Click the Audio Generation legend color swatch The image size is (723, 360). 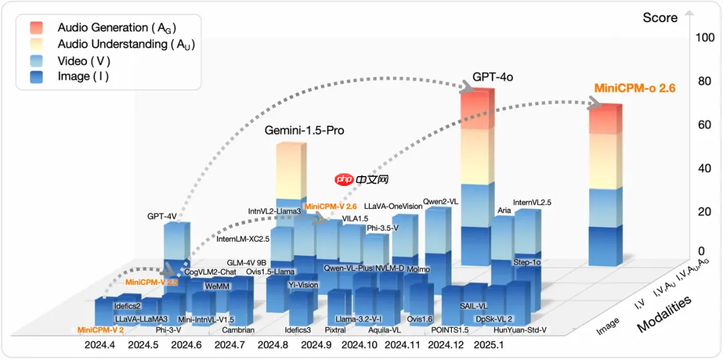(x=37, y=27)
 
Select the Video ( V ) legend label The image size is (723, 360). (x=84, y=61)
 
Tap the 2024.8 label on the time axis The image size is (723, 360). (x=272, y=345)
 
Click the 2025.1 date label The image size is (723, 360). (x=488, y=345)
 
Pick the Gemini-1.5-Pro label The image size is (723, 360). (x=305, y=130)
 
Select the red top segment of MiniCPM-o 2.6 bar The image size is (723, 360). (x=606, y=120)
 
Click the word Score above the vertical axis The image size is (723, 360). (x=660, y=17)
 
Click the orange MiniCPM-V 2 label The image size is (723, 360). (x=100, y=329)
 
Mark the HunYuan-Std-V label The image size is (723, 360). (x=520, y=330)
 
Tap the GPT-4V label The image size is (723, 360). (x=161, y=216)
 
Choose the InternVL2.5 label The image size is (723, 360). (x=532, y=202)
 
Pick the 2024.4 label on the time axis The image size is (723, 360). (x=99, y=345)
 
